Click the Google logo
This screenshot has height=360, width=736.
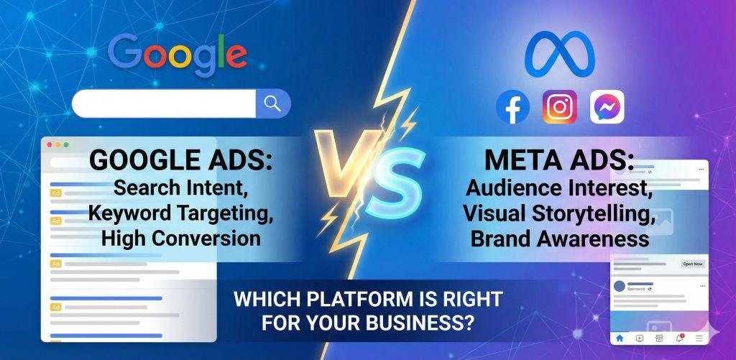click(178, 55)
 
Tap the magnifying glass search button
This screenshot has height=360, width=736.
click(272, 103)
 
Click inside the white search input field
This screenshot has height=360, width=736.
click(164, 103)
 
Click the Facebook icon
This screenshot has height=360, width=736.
click(512, 107)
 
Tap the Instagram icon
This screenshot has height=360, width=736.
click(559, 107)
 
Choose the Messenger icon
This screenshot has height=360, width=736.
click(607, 107)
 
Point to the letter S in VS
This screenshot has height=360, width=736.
click(393, 182)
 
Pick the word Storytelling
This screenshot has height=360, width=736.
click(599, 213)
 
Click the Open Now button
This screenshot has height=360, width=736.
click(692, 264)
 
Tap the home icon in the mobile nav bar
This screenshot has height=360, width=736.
click(619, 337)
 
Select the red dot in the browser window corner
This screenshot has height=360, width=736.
click(50, 144)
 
